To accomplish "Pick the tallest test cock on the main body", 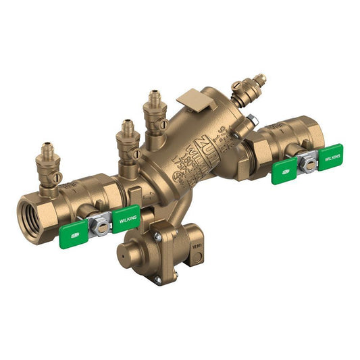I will pyautogui.click(x=155, y=111).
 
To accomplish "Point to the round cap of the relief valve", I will pyautogui.click(x=128, y=253).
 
